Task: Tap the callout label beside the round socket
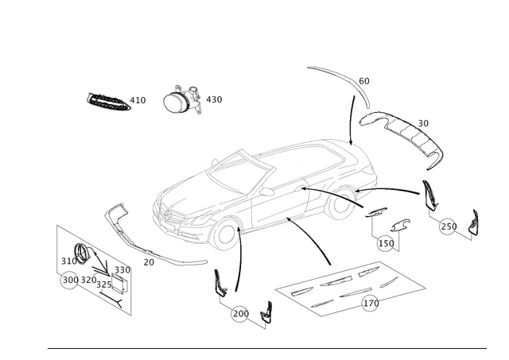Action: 214,100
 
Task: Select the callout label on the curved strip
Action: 365,80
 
